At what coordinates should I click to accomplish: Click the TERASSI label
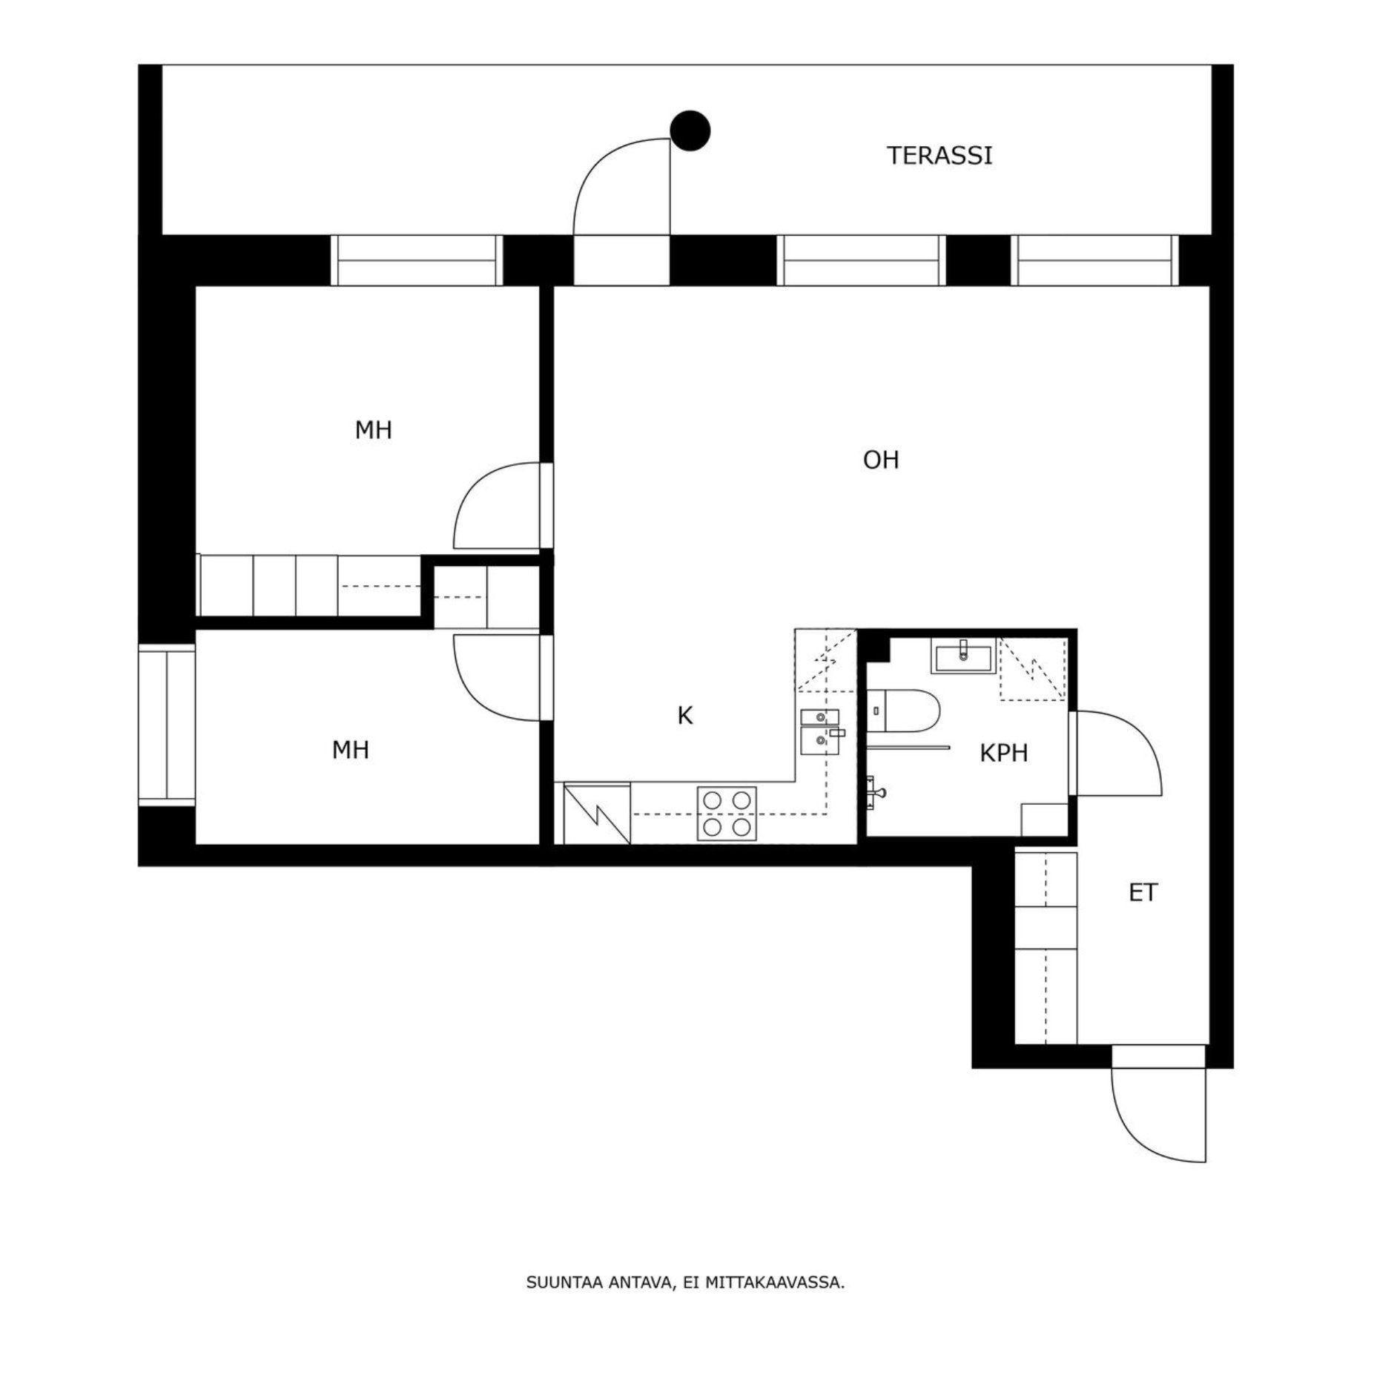pyautogui.click(x=939, y=156)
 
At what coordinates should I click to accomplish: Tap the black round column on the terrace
pyautogui.click(x=690, y=131)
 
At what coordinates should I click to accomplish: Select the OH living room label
pyautogui.click(x=880, y=460)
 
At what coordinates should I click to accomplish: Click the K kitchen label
pyautogui.click(x=684, y=716)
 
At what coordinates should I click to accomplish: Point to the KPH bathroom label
pyautogui.click(x=1003, y=754)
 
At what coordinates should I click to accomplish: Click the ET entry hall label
pyautogui.click(x=1142, y=893)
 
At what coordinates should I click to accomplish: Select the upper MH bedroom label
pyautogui.click(x=373, y=430)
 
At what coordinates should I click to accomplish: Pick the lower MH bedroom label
pyautogui.click(x=350, y=751)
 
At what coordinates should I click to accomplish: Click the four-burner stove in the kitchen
pyautogui.click(x=726, y=813)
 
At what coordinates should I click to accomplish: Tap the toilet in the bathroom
pyautogui.click(x=903, y=709)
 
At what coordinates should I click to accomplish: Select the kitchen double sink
pyautogui.click(x=819, y=731)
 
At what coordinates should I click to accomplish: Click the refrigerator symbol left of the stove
pyautogui.click(x=597, y=814)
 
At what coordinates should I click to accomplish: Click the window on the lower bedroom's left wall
pyautogui.click(x=167, y=724)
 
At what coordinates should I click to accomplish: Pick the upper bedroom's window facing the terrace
pyautogui.click(x=416, y=260)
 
